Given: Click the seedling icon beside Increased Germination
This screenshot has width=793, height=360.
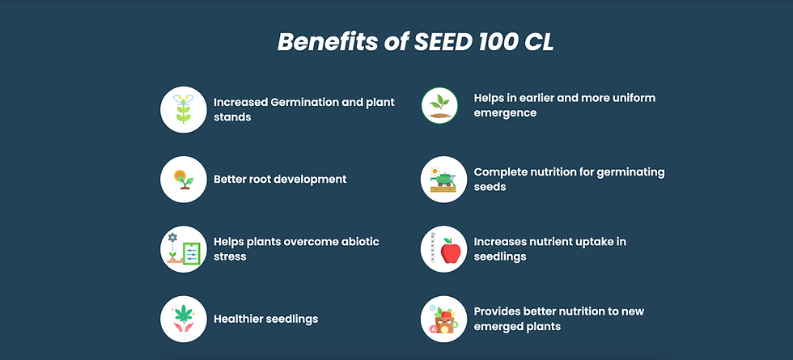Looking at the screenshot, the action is [x=184, y=109].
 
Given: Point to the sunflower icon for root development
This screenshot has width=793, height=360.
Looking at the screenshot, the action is [x=184, y=180].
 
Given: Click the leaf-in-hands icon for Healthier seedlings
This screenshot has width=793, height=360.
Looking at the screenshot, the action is [x=184, y=319].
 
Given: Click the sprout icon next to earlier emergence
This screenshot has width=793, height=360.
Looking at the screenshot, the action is [x=439, y=105].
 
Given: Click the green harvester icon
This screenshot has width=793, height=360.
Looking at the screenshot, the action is [x=443, y=180].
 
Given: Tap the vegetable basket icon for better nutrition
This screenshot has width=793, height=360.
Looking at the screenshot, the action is [x=443, y=319].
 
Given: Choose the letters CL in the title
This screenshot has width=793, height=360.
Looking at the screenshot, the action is [x=539, y=42].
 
